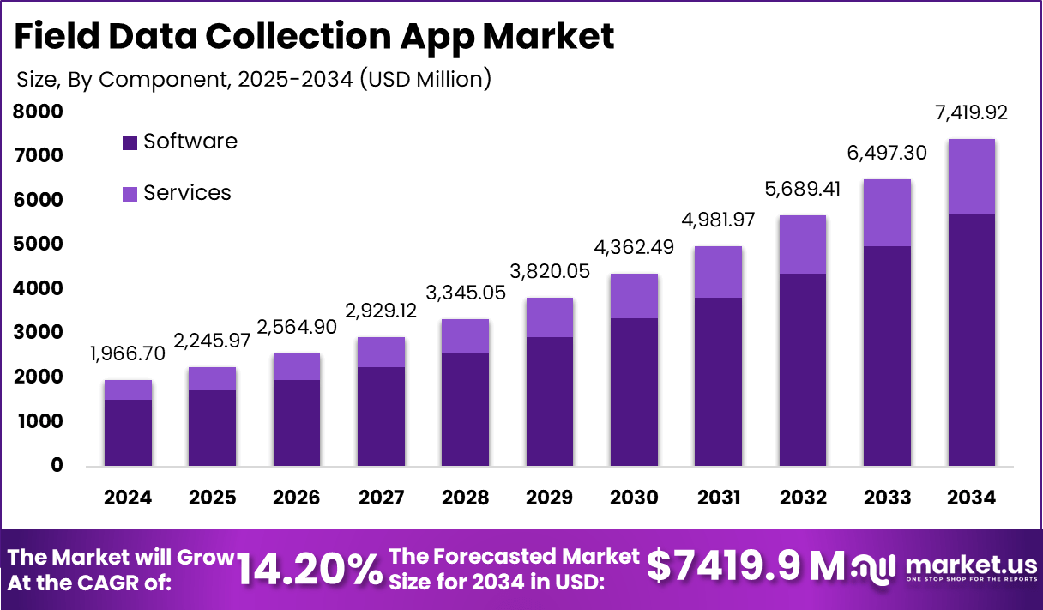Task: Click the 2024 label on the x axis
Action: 128,498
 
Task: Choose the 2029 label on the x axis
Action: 550,498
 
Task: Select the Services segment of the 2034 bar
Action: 972,177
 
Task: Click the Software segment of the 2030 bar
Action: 634,392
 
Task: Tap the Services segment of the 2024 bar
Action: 128,390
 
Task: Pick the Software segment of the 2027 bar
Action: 381,416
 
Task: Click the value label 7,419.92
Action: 972,112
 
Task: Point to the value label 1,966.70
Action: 128,353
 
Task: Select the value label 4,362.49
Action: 634,247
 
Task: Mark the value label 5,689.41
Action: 803,189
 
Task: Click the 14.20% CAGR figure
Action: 310,569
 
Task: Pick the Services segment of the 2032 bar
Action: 803,245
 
